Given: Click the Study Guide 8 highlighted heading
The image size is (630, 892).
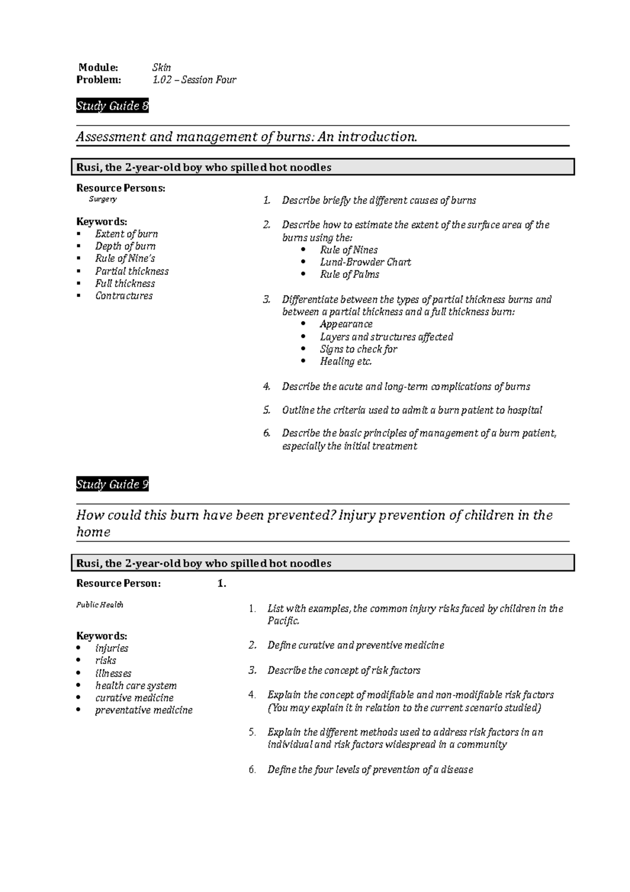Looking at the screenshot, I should click(112, 106).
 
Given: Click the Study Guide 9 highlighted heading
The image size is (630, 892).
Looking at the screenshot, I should click(112, 484).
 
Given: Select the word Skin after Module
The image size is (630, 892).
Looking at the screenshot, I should click(162, 67).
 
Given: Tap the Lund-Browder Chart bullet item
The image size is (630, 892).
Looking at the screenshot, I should click(365, 262).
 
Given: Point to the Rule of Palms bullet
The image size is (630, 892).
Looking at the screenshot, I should click(350, 274).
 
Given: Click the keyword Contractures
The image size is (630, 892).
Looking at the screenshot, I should click(124, 296).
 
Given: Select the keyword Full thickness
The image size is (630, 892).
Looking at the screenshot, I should click(125, 284).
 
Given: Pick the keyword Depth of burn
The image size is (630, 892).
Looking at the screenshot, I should click(125, 246).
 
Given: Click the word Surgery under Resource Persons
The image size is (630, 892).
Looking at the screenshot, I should click(102, 200).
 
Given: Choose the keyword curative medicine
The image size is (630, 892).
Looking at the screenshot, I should click(134, 698).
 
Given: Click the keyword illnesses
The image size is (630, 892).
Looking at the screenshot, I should click(113, 673).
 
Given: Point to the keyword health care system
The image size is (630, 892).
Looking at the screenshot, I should click(136, 686).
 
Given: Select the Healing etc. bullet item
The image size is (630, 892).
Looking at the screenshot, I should click(346, 361).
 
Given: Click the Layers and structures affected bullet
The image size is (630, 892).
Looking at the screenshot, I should click(386, 337).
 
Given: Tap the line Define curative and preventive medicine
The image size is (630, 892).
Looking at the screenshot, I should click(355, 645).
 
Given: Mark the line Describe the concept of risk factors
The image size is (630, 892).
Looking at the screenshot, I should click(344, 670).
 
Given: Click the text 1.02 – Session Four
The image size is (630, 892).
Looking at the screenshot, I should click(194, 80).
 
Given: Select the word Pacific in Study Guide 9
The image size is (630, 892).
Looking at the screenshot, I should click(283, 621).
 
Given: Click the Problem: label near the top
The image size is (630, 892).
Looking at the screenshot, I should click(99, 80).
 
